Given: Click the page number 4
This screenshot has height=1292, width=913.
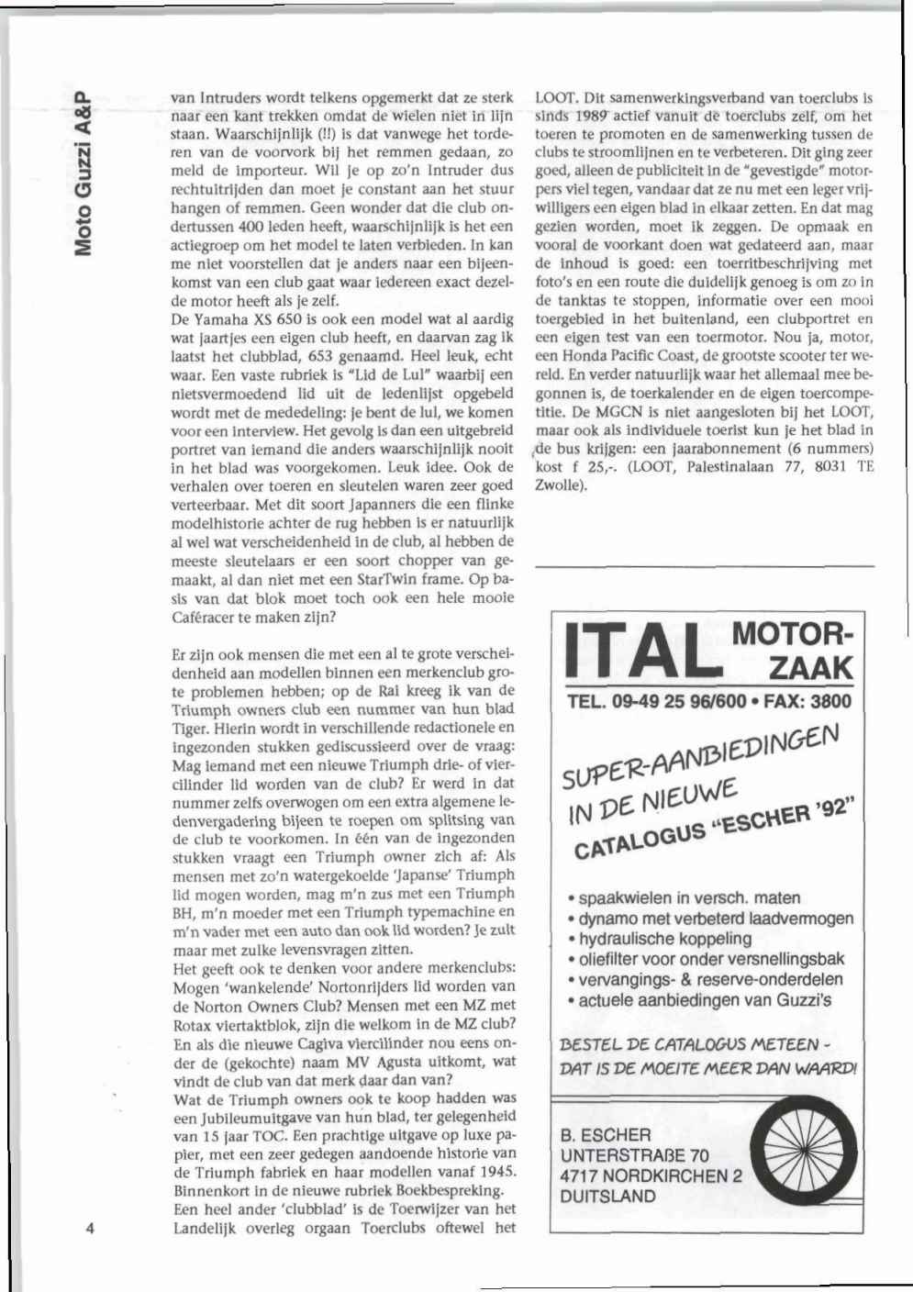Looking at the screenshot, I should pyautogui.click(x=90, y=1229).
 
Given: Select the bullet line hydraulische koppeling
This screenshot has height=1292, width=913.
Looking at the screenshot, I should pyautogui.click(x=660, y=938).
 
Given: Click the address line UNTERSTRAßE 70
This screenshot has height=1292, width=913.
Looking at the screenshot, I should pyautogui.click(x=634, y=1155).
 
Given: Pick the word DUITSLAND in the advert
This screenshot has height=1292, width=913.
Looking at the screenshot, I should pyautogui.click(x=608, y=1196).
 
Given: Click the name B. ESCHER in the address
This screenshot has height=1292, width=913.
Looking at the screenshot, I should pyautogui.click(x=606, y=1135).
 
